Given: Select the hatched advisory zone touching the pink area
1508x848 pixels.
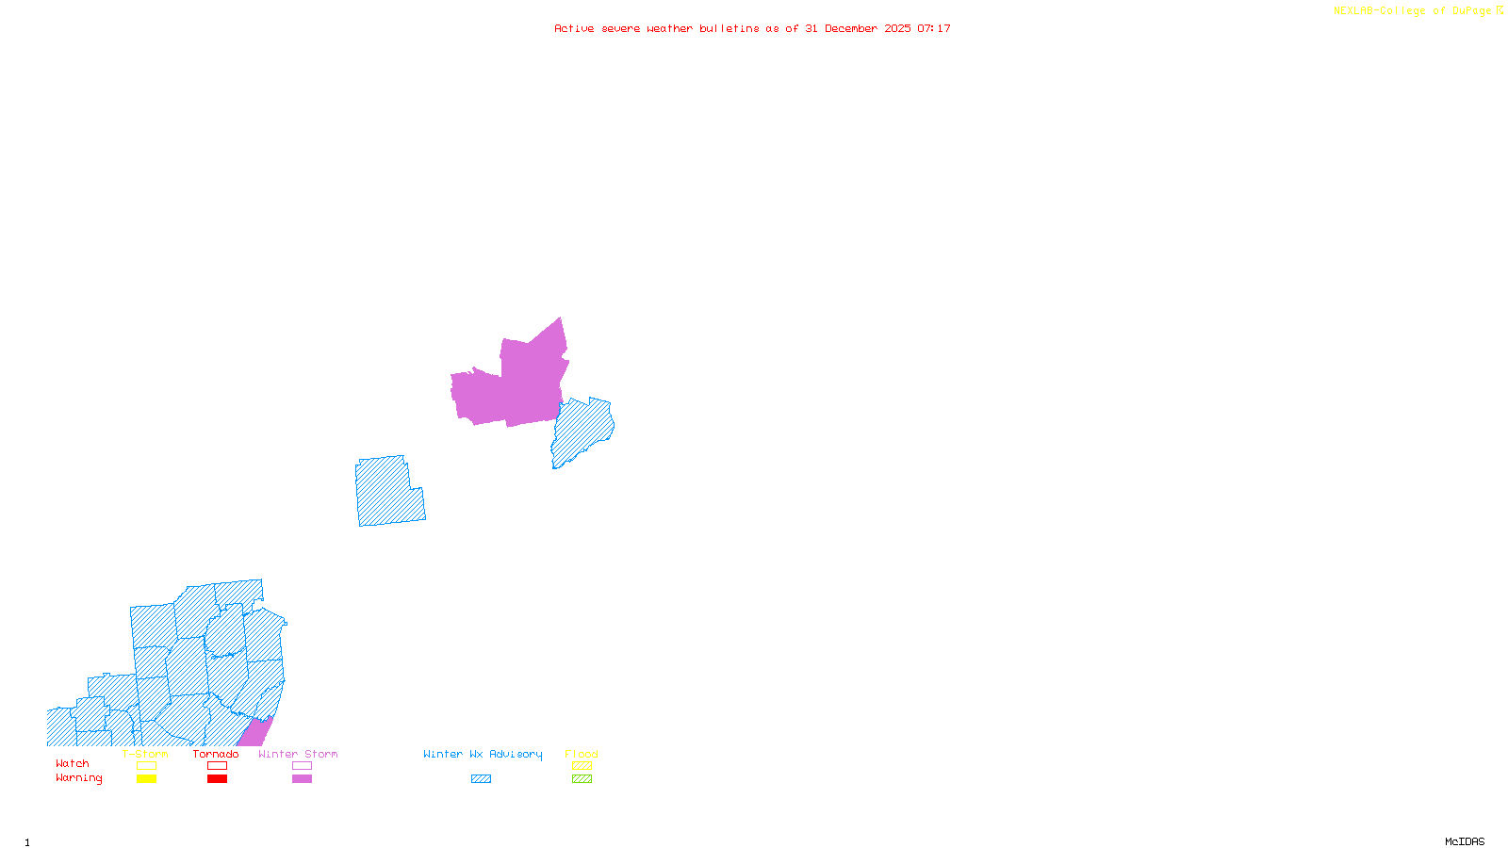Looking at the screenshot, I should coord(582,432).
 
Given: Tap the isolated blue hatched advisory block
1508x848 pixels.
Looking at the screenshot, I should coord(388,492).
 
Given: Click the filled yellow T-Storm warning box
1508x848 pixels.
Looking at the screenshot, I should coord(146,779).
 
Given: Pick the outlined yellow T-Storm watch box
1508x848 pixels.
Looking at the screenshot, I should coord(146,766).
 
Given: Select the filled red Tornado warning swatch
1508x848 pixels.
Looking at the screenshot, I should coord(217,779).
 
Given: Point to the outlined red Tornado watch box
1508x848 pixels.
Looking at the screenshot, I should coord(217,766).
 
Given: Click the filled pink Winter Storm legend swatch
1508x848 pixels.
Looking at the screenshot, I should coord(302,779).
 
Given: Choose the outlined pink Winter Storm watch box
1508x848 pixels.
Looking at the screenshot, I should coord(302,766).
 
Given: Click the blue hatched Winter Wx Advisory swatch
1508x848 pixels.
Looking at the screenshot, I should coord(481,779).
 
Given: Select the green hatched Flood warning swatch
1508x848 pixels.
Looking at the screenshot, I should coord(582,779).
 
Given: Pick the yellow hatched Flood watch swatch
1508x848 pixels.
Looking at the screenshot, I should coord(582,766).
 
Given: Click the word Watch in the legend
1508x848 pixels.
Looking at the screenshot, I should coord(73,764).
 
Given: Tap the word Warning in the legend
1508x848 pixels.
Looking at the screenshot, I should coord(79,778).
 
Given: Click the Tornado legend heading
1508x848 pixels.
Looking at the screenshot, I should coord(216,754).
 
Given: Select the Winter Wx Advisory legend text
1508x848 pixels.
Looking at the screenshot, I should coord(483,754).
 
